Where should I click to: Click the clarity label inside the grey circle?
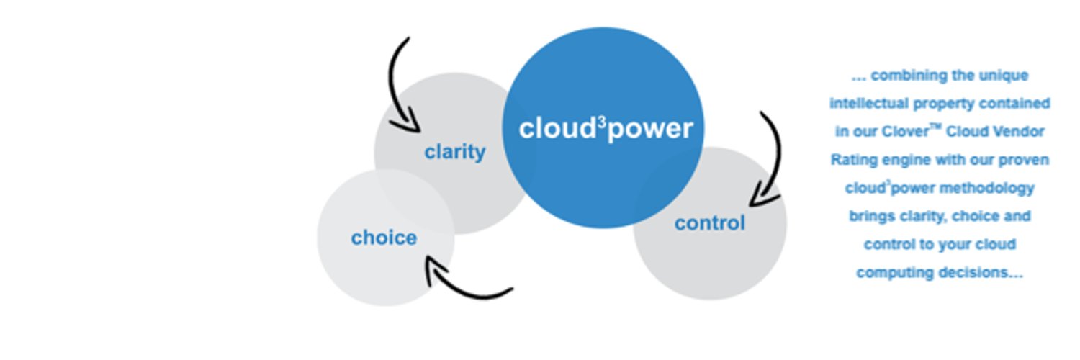point(454,153)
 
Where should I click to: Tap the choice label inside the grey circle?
point(384,238)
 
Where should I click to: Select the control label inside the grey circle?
point(710,223)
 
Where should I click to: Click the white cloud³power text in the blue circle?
point(606,129)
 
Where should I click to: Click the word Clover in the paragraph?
point(904,132)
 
